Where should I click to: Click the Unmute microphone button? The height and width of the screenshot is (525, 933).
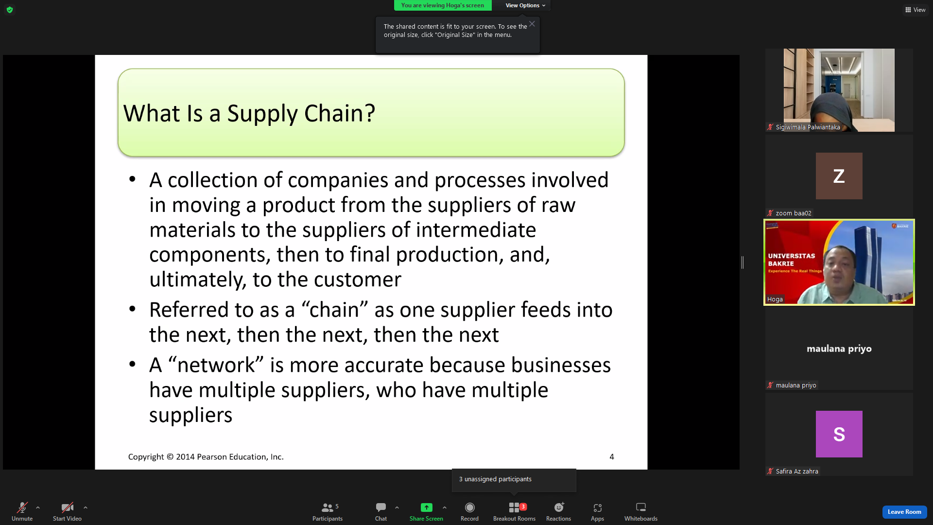point(22,507)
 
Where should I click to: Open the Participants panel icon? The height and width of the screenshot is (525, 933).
point(328,507)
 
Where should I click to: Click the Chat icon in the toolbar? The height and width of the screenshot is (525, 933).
point(381,507)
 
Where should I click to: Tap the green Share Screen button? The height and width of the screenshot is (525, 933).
point(426,507)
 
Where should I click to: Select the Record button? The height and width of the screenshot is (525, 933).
point(469,507)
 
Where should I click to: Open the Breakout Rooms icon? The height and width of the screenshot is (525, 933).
point(514,507)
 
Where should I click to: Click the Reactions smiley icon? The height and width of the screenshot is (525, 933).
point(559,507)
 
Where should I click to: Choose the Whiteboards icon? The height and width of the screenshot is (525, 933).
point(641,507)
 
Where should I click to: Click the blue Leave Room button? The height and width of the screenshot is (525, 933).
point(904,512)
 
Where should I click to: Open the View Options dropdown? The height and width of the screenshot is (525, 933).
point(525,5)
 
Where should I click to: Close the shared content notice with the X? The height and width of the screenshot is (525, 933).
point(532,24)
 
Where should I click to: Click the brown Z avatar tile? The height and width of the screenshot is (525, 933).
point(839,176)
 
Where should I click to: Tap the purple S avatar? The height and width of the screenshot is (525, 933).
point(839,434)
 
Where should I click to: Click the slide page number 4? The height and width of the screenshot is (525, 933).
point(612,457)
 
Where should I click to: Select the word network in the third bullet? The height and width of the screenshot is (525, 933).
point(216,365)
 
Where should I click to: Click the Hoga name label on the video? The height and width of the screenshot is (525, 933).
point(775,299)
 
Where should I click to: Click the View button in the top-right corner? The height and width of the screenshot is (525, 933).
point(916,10)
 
